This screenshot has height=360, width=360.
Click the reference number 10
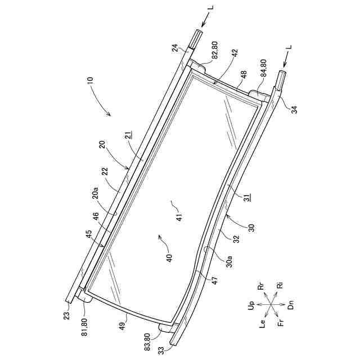point(91,82)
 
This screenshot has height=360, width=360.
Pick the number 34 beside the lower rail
point(295,109)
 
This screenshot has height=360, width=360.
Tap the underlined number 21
point(129,135)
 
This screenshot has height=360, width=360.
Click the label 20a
point(95,193)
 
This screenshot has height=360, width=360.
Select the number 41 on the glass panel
point(179,217)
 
